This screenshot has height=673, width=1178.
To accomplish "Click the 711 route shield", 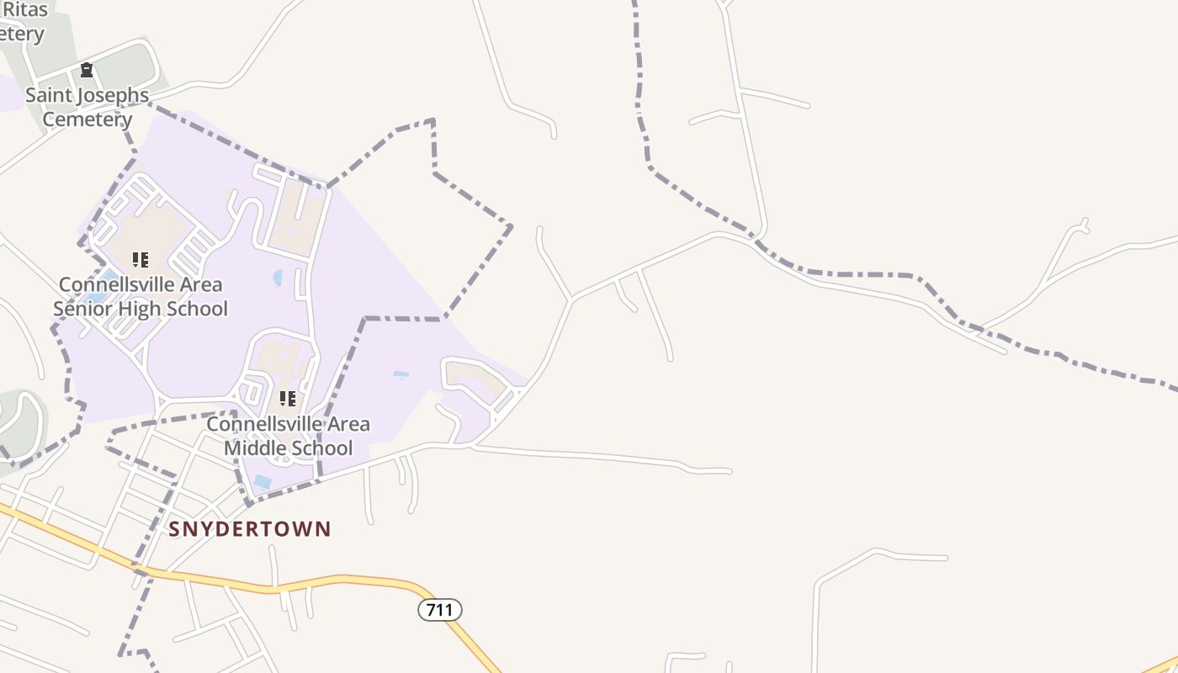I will pos(440,610).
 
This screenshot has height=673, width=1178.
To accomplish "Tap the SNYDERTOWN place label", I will pos(250,529).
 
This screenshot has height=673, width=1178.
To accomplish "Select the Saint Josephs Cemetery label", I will pos(87,107).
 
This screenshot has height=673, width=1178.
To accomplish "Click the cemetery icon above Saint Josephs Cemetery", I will pos(86,70).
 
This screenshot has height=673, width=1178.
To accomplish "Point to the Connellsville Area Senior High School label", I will pos(141,296).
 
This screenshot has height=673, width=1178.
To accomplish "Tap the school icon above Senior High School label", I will pos(141,259).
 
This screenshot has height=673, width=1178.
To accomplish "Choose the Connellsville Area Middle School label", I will pos(288,435).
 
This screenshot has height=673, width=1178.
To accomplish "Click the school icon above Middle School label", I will pos(288,398).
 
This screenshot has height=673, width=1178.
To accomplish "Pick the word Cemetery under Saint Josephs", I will pos(87,119).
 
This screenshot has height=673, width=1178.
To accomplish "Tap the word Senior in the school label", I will pos(82,309).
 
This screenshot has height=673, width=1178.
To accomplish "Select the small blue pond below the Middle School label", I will pos(263,482).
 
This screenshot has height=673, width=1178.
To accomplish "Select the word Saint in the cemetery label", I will pos(47,95).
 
